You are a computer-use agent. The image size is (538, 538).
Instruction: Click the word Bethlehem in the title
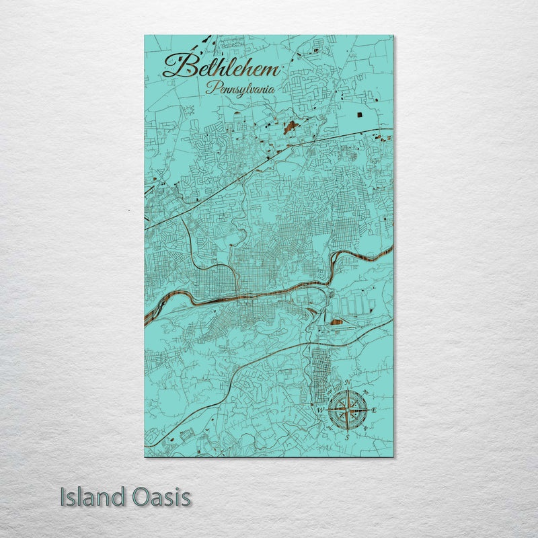(221, 66)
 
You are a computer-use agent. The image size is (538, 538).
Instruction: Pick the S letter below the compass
(347, 437)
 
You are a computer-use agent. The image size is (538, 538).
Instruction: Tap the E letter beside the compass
(374, 410)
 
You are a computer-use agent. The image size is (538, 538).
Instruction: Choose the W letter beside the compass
(320, 410)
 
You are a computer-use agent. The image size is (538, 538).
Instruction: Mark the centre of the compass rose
(348, 410)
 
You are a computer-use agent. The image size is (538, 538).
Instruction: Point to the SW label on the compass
(329, 428)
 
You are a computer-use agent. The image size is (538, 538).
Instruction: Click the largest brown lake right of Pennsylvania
(291, 126)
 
